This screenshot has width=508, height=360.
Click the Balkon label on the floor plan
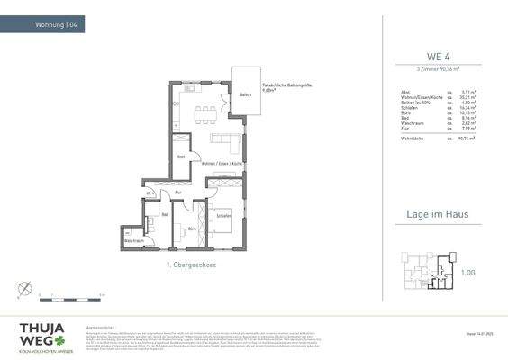pyautogui.click(x=244, y=94)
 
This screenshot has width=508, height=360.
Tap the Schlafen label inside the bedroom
pyautogui.click(x=223, y=215)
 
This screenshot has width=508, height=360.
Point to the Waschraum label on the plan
pyautogui.click(x=134, y=241)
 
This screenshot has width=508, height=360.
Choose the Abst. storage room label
pyautogui.click(x=181, y=157)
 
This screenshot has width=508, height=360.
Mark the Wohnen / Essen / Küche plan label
pyautogui.click(x=222, y=163)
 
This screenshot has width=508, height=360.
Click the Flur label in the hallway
pyautogui.click(x=178, y=192)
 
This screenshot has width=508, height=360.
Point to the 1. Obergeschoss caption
pyautogui.click(x=191, y=265)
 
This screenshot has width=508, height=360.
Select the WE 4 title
pyautogui.click(x=438, y=57)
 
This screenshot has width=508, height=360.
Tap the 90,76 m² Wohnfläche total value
pyautogui.click(x=466, y=137)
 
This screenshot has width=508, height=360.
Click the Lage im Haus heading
pyautogui.click(x=438, y=216)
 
